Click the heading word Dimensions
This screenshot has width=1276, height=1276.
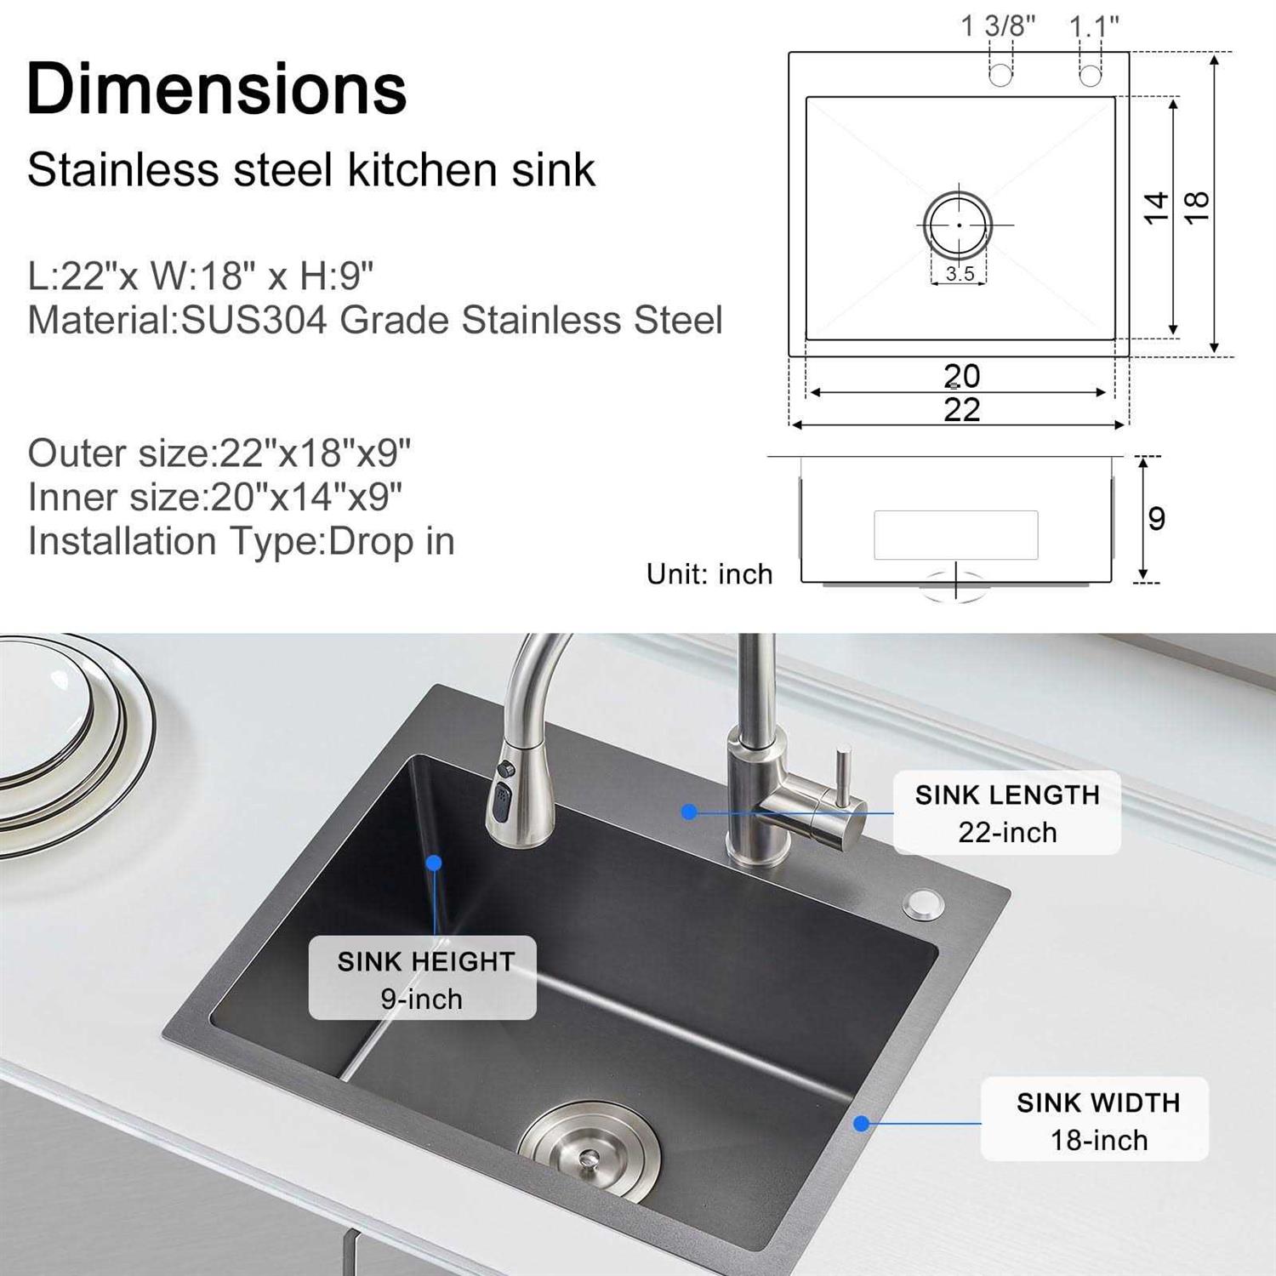217,88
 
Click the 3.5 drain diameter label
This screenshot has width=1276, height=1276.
960,273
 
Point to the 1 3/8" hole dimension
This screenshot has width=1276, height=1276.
998,26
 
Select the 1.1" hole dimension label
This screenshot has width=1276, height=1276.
1094,26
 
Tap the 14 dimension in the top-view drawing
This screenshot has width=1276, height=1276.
1155,208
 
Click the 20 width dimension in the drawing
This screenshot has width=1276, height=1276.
961,375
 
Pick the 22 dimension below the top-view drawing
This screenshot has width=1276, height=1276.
961,410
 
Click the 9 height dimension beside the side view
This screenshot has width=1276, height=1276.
1156,518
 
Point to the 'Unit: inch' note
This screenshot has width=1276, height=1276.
709,574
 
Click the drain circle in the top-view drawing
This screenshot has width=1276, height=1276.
959,225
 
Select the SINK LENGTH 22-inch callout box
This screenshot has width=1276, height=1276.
1007,813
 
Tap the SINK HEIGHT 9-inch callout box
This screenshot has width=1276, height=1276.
423,978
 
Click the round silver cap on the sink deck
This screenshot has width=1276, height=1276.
922,904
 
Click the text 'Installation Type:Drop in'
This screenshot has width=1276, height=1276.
241,542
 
